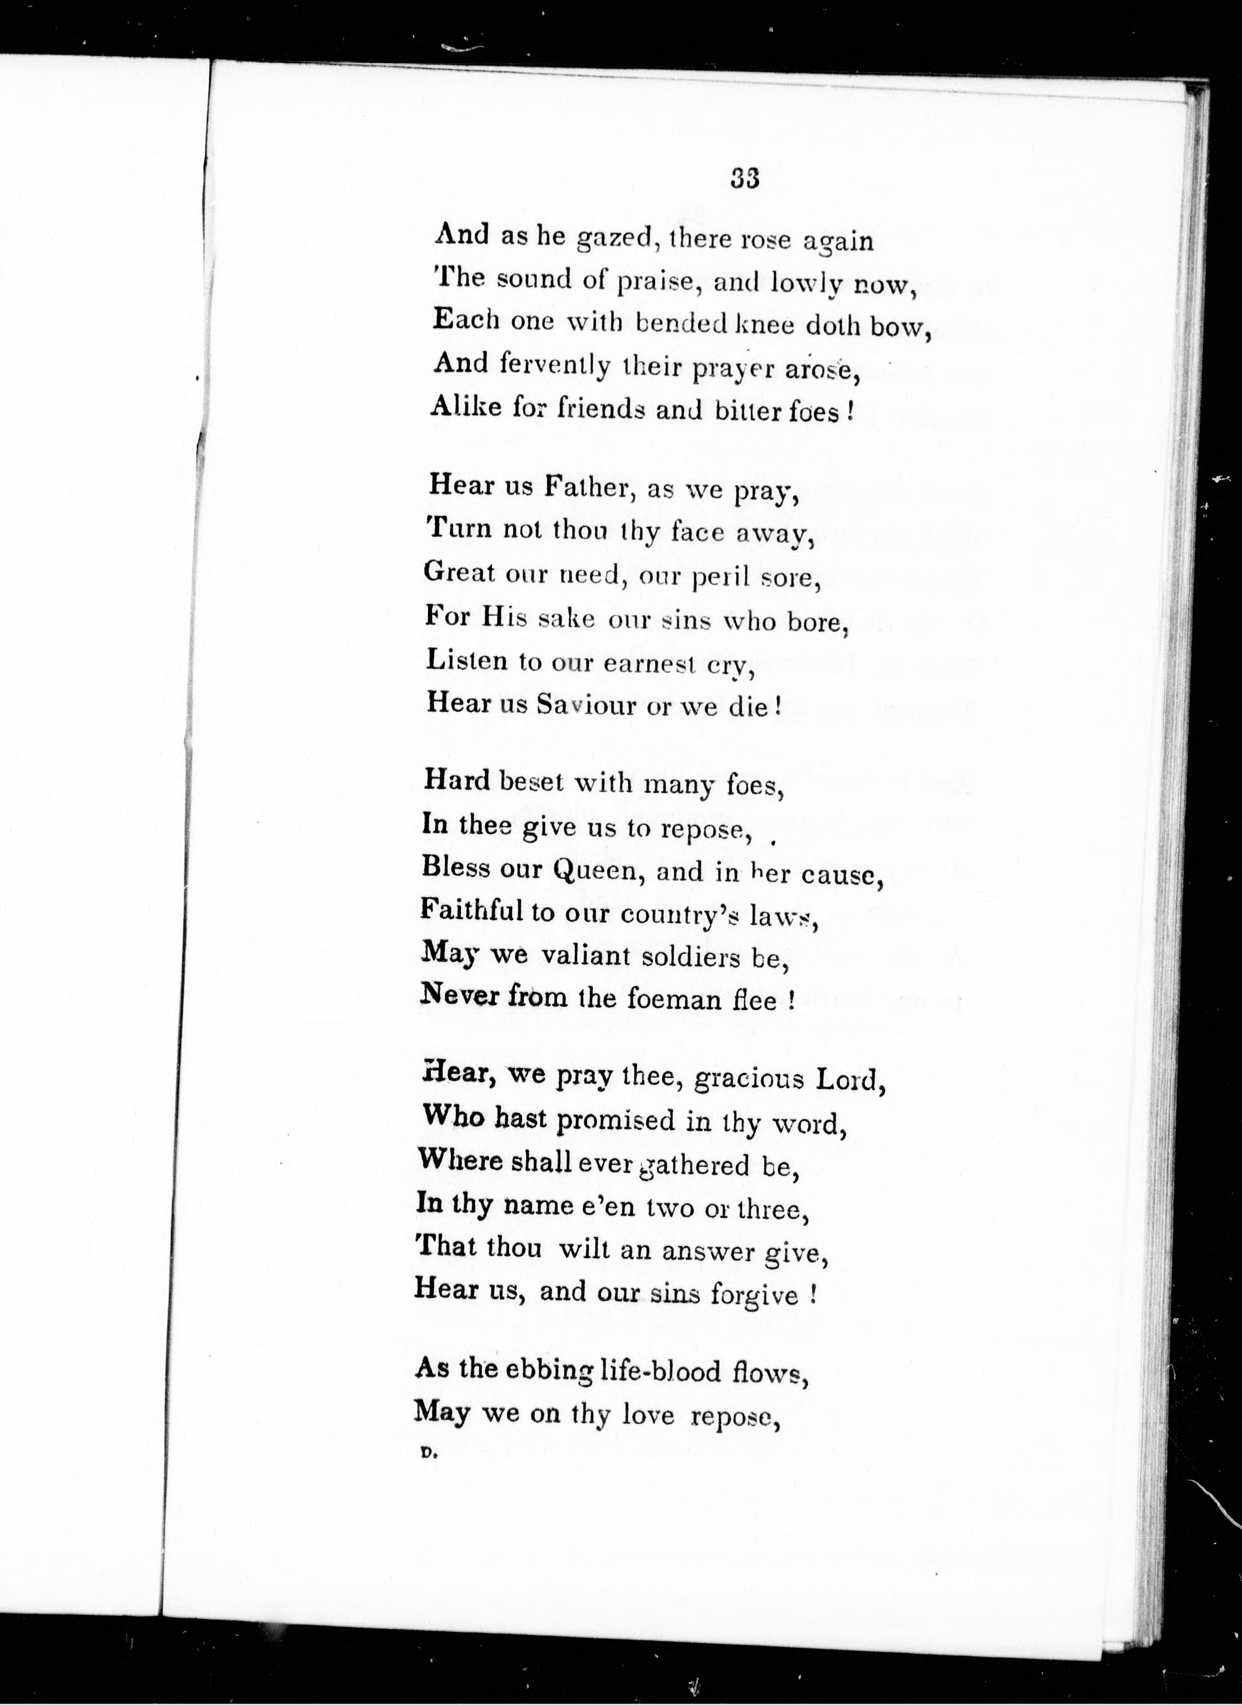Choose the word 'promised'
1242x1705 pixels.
(x=616, y=1121)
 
